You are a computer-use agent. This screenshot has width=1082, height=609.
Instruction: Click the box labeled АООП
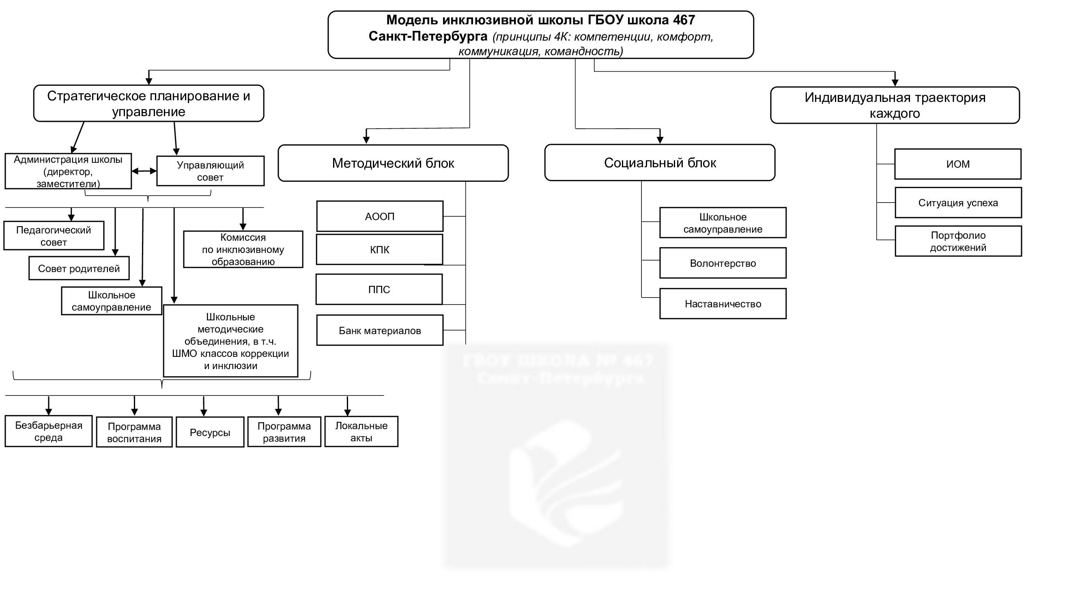(x=380, y=216)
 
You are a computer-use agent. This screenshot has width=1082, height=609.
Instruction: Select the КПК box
(x=379, y=250)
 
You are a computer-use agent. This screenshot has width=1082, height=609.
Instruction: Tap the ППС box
(x=379, y=289)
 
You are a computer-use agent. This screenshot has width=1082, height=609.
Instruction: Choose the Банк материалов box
(x=380, y=331)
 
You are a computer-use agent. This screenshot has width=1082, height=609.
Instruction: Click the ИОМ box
(x=958, y=164)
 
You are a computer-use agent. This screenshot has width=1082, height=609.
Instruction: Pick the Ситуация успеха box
(x=958, y=203)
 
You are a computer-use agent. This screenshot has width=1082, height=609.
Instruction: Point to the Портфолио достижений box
(x=958, y=241)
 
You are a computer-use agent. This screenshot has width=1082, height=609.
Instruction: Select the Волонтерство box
(x=723, y=263)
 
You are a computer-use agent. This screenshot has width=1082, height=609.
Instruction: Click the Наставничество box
(x=723, y=304)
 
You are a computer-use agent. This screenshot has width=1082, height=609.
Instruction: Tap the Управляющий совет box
(x=210, y=171)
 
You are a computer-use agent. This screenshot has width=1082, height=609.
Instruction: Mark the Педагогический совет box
(x=54, y=236)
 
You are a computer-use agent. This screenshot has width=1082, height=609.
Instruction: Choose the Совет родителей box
(x=79, y=268)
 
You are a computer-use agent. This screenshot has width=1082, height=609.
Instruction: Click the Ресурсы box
(x=210, y=432)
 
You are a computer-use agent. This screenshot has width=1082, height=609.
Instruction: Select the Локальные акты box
(x=361, y=432)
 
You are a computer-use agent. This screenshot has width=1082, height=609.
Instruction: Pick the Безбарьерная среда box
(x=49, y=431)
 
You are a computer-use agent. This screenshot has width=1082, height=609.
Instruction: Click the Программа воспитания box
(x=134, y=432)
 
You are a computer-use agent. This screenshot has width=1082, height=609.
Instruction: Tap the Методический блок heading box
(x=393, y=163)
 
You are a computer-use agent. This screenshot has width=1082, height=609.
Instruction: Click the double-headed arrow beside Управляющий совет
(x=144, y=171)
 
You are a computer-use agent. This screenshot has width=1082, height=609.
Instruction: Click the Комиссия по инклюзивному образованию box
(x=243, y=249)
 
